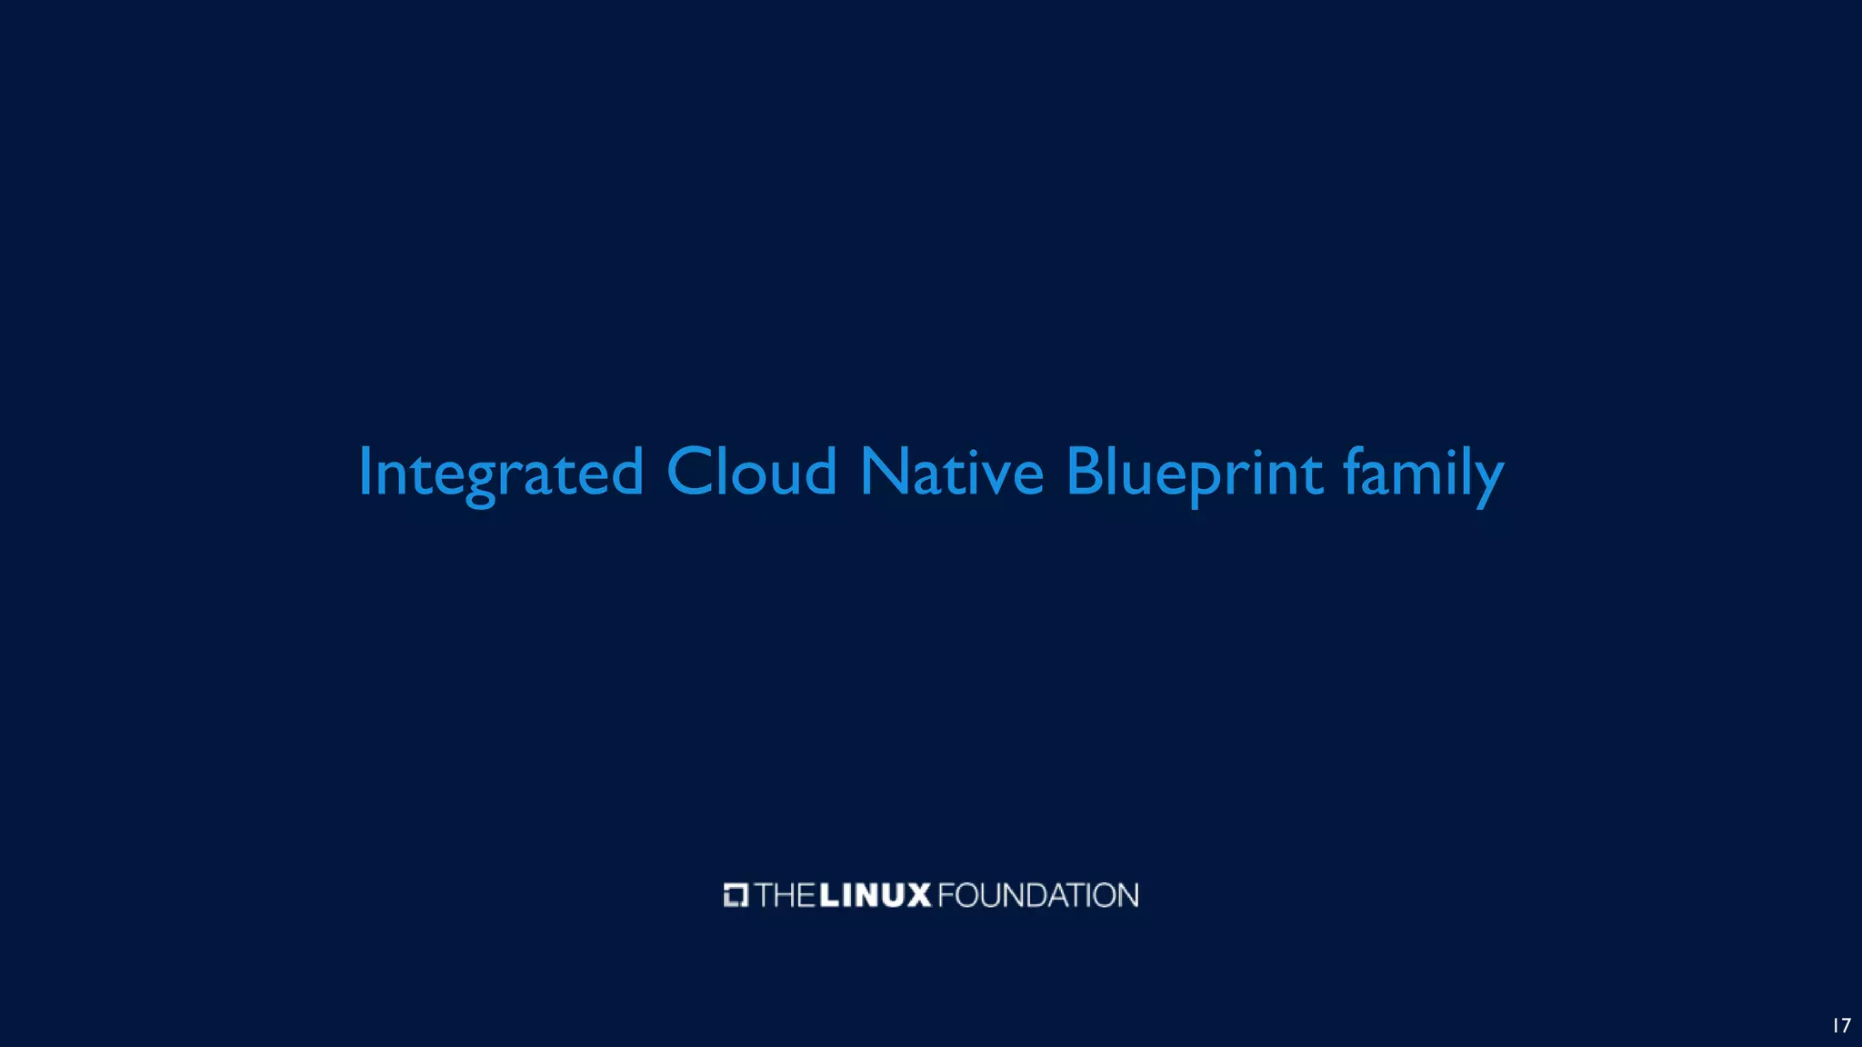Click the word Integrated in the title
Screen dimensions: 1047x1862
pos(501,473)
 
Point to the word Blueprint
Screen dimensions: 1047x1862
pos(1194,473)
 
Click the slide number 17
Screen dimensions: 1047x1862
pos(1841,1025)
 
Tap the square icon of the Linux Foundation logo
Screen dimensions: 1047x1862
pos(736,895)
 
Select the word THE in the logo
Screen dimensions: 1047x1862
pos(785,895)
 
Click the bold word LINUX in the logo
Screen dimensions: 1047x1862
pos(876,895)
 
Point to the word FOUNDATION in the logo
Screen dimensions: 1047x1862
pos(1037,895)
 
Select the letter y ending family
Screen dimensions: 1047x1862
pos(1487,480)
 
